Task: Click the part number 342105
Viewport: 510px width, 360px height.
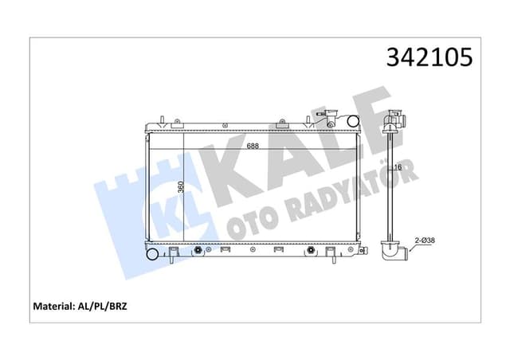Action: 430,58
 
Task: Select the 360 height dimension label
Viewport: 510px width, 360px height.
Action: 181,188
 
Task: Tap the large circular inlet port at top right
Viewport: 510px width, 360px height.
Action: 351,122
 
